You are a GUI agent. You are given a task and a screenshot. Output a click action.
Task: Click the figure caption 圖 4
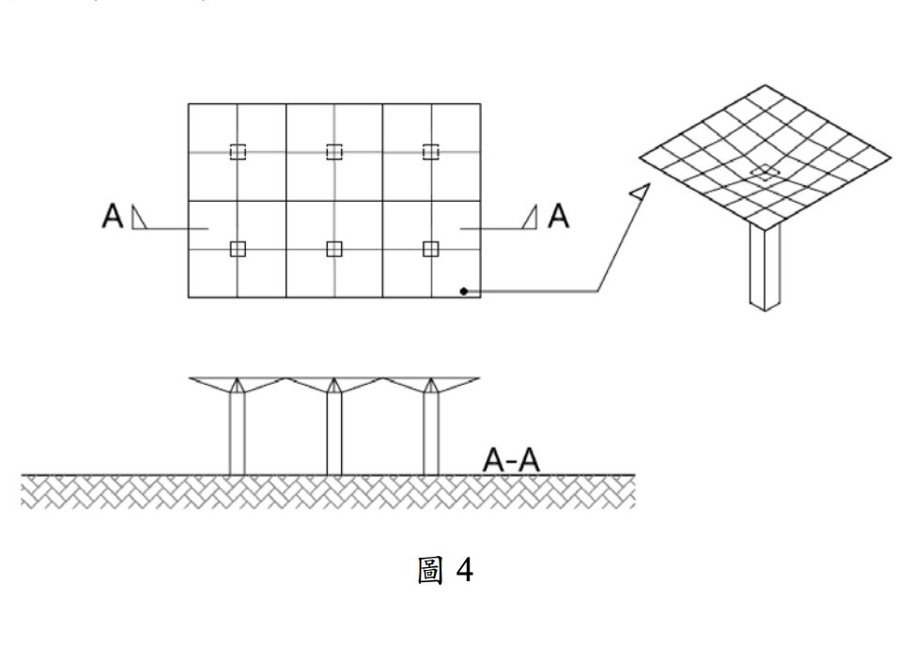coord(445,570)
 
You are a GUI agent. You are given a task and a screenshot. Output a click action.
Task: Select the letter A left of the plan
coord(112,217)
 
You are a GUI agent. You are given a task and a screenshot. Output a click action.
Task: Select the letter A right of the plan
coord(559,217)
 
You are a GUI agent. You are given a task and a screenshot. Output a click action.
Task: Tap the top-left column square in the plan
coord(238,152)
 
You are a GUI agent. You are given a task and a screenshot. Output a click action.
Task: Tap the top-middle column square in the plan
coord(333,152)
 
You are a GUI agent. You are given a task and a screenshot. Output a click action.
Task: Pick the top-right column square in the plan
coord(431,152)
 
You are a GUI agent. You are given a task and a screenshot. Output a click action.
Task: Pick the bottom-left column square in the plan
coord(238,248)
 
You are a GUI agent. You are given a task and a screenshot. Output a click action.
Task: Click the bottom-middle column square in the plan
coord(333,248)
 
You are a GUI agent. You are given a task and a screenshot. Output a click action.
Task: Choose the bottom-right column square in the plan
coord(431,248)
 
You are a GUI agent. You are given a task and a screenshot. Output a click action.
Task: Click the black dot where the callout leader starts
coord(463,291)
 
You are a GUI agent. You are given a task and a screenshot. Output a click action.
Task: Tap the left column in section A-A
coord(238,432)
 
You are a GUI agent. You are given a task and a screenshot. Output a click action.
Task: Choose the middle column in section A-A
coord(333,432)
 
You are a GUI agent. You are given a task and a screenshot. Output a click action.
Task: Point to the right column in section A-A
coord(431,432)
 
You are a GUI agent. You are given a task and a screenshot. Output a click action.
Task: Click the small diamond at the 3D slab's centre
coord(767,171)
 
